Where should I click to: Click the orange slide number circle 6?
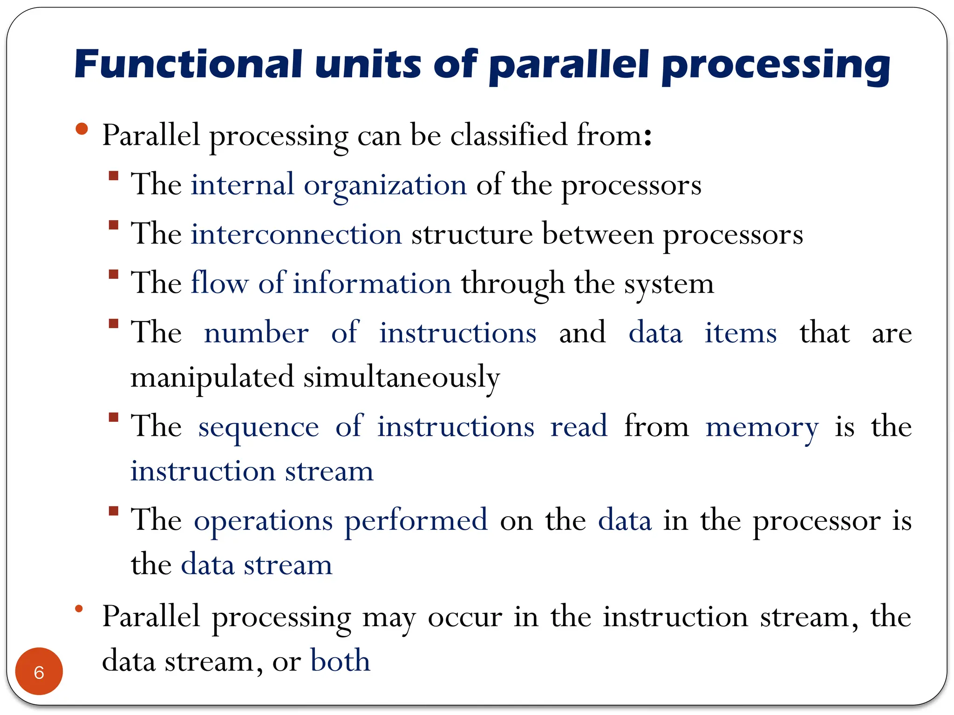pos(39,671)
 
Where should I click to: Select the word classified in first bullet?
pos(509,135)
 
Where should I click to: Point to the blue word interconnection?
pos(296,234)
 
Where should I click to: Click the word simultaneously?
pos(402,377)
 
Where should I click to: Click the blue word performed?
pos(416,520)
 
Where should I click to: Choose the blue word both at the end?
pos(340,661)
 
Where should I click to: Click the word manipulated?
pos(212,377)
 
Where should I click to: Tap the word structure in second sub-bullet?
pos(471,234)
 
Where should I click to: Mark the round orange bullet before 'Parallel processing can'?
pos(82,129)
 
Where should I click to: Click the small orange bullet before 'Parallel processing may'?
pos(79,608)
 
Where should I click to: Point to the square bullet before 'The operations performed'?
pos(113,511)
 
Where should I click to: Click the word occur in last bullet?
pos(465,617)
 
